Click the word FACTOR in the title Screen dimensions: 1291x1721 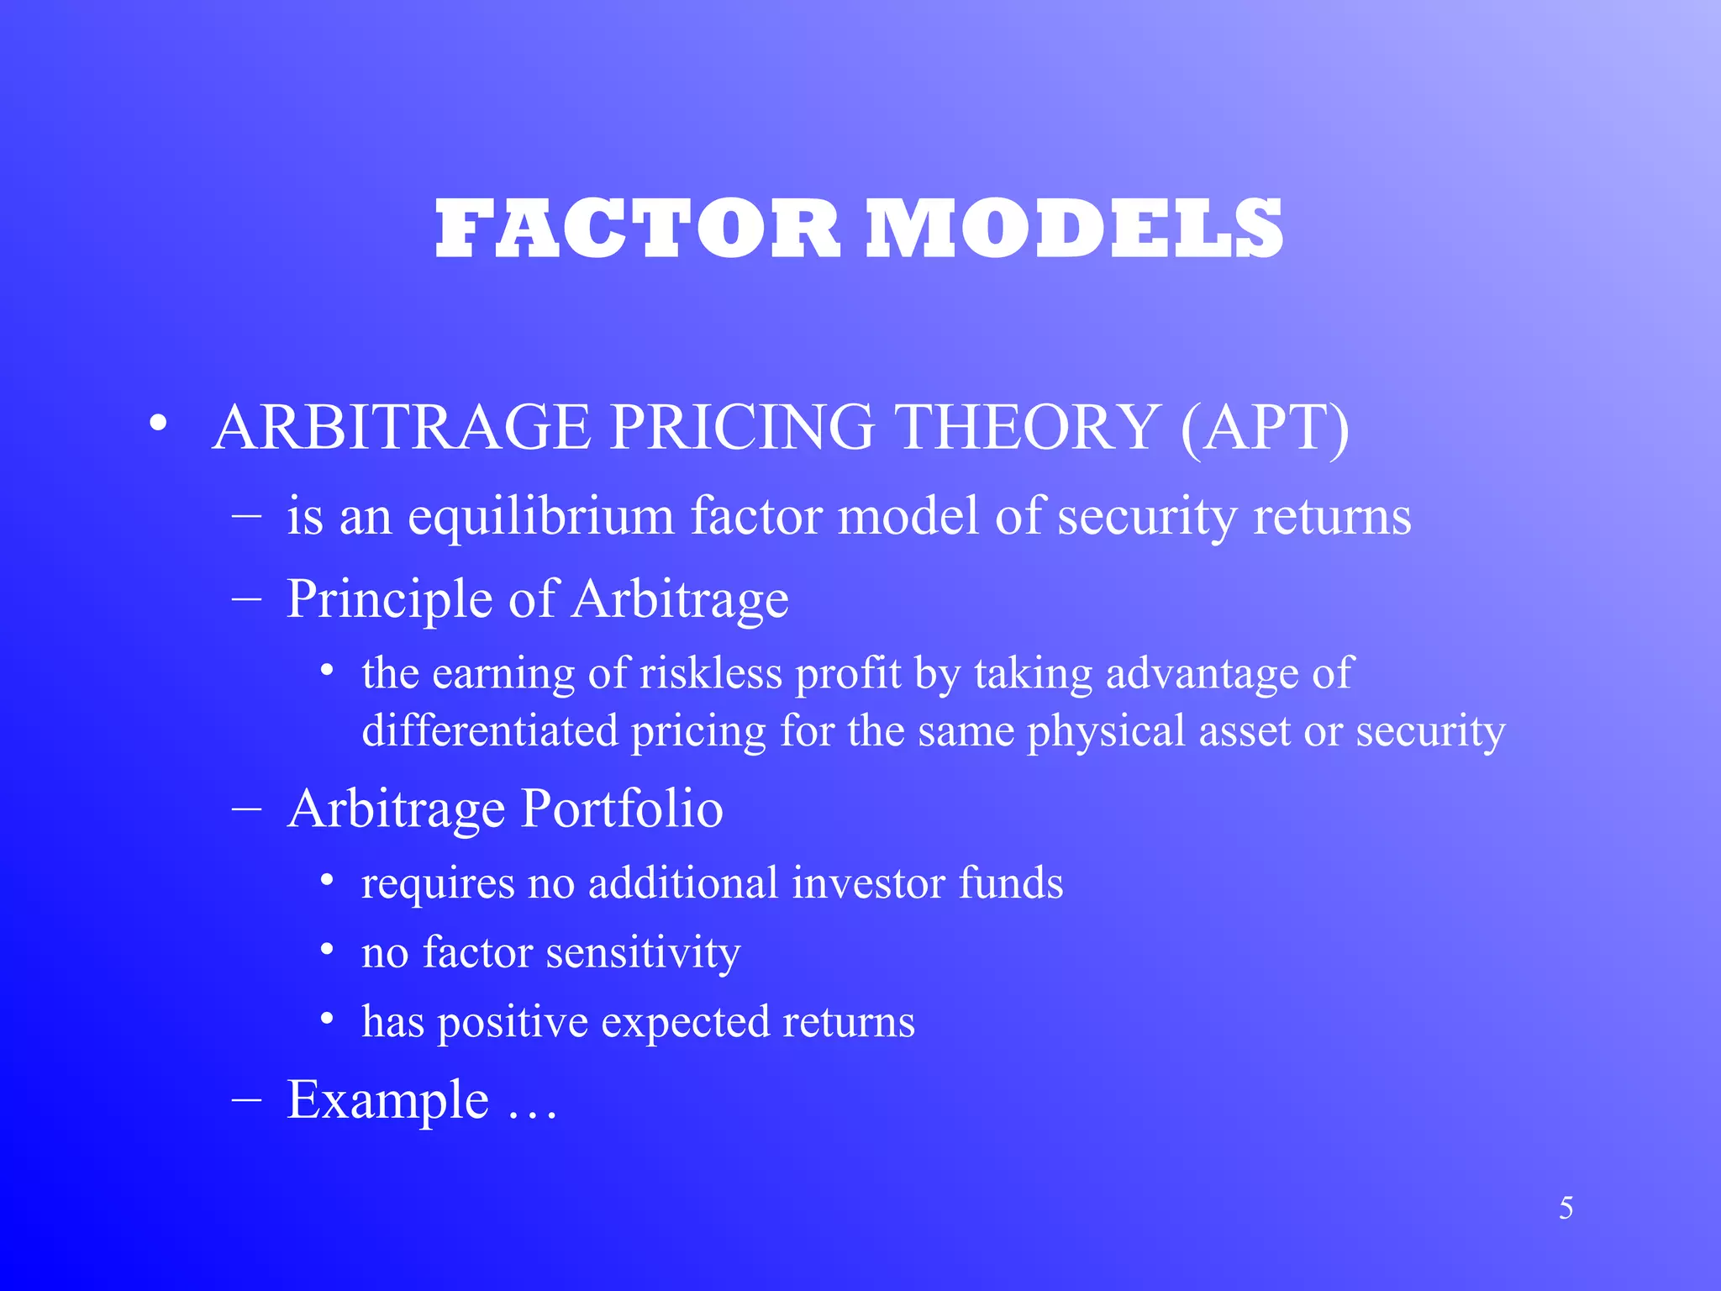click(x=637, y=229)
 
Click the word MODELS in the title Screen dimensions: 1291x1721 click(x=1075, y=229)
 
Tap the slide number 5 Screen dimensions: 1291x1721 click(x=1566, y=1209)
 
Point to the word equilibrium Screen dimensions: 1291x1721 click(x=540, y=516)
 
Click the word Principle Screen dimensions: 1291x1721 click(x=389, y=600)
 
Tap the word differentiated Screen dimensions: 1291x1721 click(x=490, y=730)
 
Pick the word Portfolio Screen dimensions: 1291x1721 click(x=622, y=809)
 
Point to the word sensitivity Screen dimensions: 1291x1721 click(x=643, y=953)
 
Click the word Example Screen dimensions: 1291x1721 click(x=387, y=1100)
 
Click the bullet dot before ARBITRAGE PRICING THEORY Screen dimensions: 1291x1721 click(x=157, y=425)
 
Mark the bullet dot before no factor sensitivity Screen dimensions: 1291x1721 click(x=329, y=951)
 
